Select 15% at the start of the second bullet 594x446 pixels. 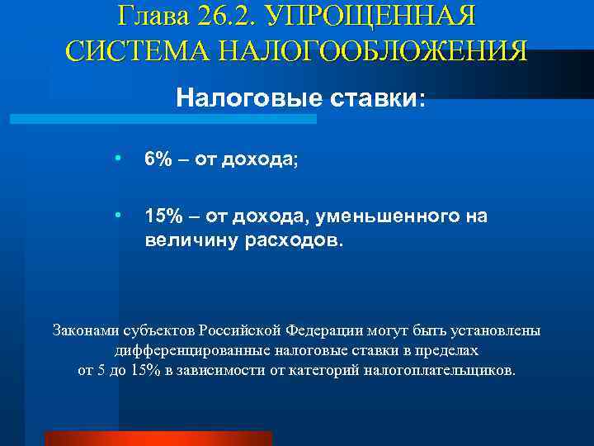click(163, 216)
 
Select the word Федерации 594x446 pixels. click(326, 330)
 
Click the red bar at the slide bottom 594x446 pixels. click(158, 438)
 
